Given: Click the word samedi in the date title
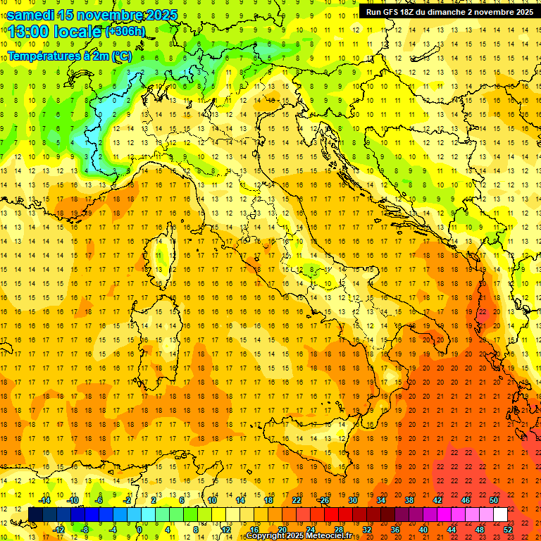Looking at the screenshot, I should click(x=31, y=15).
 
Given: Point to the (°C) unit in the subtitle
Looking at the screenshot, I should click(x=121, y=56).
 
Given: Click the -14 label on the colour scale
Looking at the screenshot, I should click(x=44, y=500).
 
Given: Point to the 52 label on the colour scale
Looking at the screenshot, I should click(x=508, y=530).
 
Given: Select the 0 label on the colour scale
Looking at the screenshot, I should click(x=139, y=530).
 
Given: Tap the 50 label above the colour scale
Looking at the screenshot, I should click(x=494, y=500).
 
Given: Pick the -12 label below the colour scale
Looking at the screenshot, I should click(x=59, y=530).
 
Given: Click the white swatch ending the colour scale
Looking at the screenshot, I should click(x=500, y=515).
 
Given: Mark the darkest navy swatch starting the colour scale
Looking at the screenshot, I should click(x=35, y=515).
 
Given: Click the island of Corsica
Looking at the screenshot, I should click(x=161, y=261).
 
